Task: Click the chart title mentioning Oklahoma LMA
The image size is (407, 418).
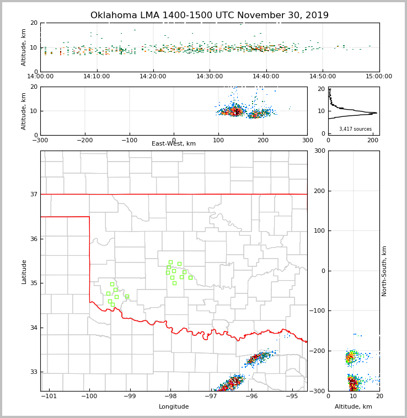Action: pos(210,15)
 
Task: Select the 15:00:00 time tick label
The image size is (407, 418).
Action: pos(379,76)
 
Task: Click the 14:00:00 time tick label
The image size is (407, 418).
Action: pos(40,76)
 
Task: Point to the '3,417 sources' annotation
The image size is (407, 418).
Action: pos(355,129)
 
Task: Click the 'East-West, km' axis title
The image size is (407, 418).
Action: pos(174,144)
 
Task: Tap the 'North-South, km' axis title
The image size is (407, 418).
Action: pos(384,271)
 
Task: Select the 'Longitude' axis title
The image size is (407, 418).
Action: pos(174,407)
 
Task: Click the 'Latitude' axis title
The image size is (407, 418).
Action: pos(24,271)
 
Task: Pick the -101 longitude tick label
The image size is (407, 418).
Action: pos(49,396)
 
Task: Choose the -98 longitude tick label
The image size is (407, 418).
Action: pos(170,396)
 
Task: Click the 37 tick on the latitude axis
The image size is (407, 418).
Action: pos(33,194)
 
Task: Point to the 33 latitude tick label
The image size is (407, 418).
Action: pos(33,372)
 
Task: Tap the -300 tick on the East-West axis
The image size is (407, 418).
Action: pos(40,140)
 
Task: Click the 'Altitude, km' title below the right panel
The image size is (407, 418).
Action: pos(354,407)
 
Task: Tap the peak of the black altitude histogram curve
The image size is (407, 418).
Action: pos(377,113)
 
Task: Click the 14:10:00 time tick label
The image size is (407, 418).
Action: pos(97,76)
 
